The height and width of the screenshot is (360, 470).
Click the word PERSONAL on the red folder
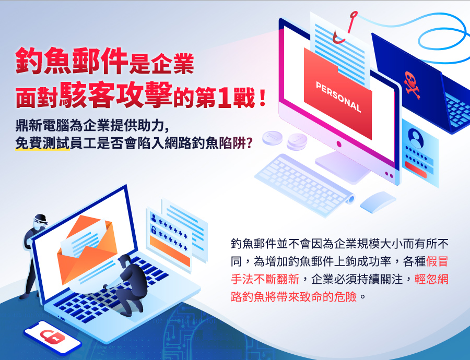(338, 97)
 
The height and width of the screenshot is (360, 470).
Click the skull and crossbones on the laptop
(412, 85)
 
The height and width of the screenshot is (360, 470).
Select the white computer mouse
(378, 201)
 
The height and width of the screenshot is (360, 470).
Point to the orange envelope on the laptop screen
(87, 248)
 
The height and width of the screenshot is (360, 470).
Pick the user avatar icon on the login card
(416, 138)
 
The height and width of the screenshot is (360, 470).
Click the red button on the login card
(416, 170)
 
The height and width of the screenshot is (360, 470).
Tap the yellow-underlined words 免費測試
(43, 143)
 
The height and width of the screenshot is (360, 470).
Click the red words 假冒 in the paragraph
(437, 261)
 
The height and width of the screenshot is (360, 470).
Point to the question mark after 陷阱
(249, 143)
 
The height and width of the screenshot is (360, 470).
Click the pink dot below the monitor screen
(339, 144)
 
